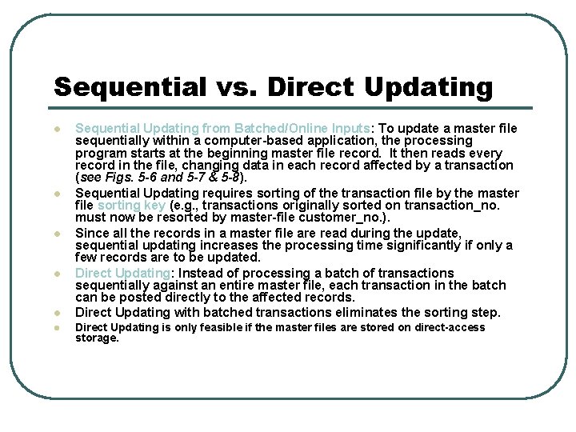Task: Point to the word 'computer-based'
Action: coord(246,141)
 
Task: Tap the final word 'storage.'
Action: coord(97,338)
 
